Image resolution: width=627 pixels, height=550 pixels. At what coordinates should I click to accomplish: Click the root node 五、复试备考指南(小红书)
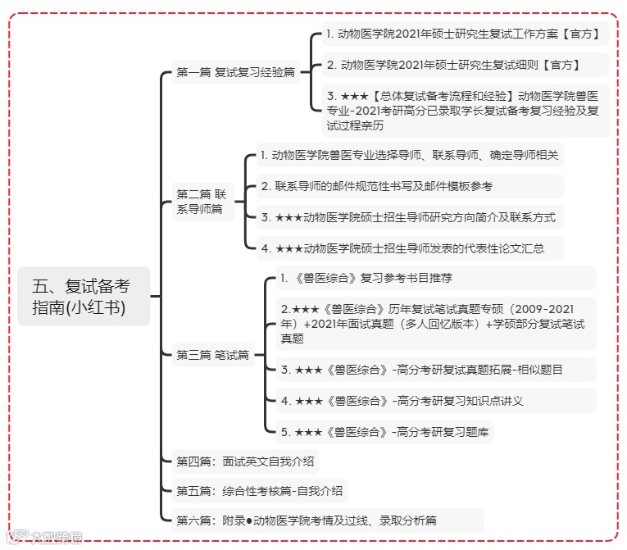point(84,297)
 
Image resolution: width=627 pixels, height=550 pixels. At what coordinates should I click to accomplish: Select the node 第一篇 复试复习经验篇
point(235,73)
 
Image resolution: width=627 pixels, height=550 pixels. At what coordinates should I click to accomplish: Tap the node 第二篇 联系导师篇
point(202,202)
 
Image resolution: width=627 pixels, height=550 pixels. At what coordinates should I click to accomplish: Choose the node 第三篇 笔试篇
point(212,355)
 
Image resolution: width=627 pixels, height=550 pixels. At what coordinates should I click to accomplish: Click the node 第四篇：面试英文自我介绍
point(245,461)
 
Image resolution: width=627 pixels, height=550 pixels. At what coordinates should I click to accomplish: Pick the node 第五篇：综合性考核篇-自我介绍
point(259,492)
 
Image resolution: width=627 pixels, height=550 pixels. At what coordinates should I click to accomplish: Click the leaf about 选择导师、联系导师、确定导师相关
point(409,155)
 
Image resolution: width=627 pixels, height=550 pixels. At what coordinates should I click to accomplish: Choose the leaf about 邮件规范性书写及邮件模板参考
point(376,186)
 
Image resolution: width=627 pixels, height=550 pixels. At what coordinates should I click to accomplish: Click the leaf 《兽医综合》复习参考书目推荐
point(366,278)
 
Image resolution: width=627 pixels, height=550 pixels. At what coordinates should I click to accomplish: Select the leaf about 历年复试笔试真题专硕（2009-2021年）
point(433,324)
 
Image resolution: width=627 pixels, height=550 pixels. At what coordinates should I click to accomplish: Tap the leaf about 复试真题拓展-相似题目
point(421,370)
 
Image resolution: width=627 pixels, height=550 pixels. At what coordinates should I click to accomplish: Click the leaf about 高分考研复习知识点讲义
point(402,401)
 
